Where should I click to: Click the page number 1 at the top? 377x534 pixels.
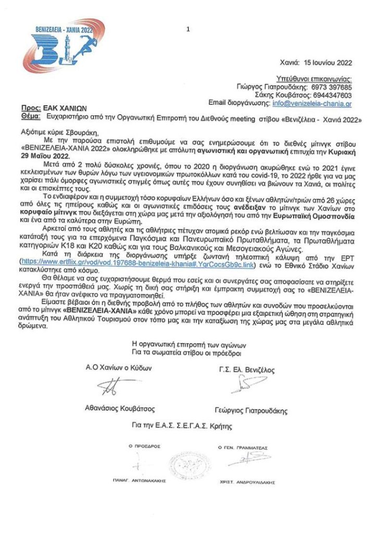click(187, 30)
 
